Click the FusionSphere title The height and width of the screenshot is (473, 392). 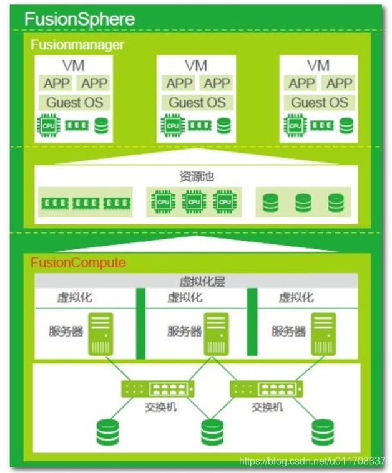pos(79,19)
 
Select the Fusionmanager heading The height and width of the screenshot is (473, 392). pos(77,45)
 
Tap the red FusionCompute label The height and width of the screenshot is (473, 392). pos(78,263)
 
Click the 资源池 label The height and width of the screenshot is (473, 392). pos(196,176)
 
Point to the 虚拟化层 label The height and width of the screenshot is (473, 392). pos(202,282)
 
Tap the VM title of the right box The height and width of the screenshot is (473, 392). pos(319,65)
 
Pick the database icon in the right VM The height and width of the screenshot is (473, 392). pos(346,125)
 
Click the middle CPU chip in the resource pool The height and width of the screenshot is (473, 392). pos(194,202)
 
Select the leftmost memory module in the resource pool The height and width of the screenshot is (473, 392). pos(54,203)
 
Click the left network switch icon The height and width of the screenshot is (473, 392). pos(158,389)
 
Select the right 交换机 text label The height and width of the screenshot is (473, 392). pos(267,407)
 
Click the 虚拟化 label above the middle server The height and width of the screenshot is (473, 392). pos(185,298)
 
